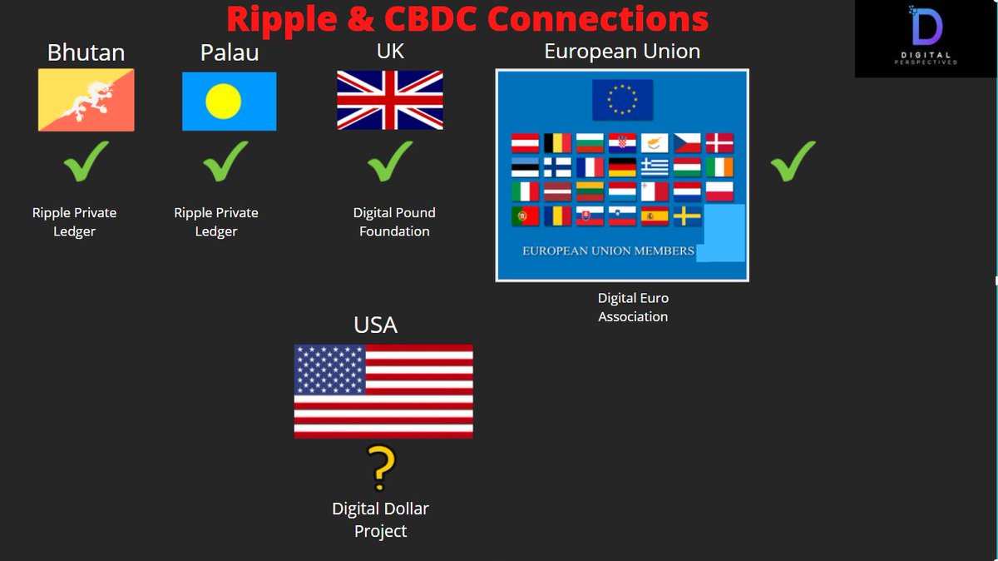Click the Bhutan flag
click(86, 100)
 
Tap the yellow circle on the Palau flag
click(223, 102)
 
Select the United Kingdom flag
click(390, 100)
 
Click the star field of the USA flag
click(331, 370)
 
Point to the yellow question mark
click(381, 469)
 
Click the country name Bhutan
click(86, 52)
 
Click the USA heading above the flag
click(376, 325)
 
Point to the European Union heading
click(622, 52)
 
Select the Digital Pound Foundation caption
click(394, 222)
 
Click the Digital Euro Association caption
click(633, 307)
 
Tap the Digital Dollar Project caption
click(381, 519)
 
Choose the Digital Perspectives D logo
click(926, 29)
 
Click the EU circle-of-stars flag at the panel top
click(622, 100)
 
